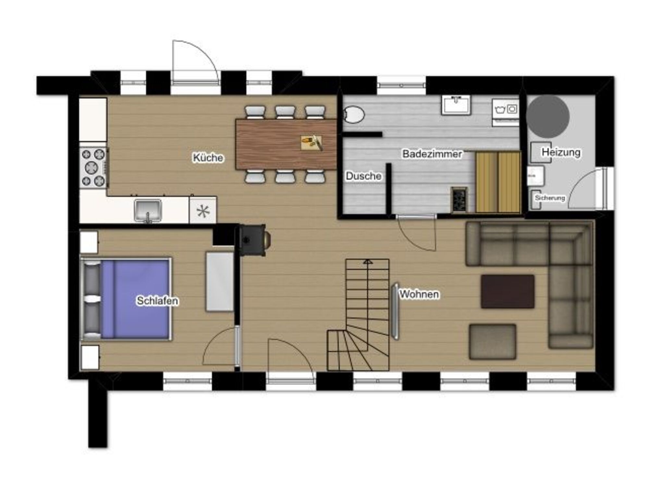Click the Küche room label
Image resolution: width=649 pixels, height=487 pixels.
pos(208,158)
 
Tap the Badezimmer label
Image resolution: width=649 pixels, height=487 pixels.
pos(432,154)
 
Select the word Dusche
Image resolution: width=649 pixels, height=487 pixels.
pos(363,176)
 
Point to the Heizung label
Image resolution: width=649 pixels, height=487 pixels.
pos(561,152)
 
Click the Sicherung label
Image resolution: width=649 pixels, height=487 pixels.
pos(550,198)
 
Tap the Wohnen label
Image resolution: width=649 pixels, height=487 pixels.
pos(419,294)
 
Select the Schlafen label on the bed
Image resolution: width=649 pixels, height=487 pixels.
pos(157,301)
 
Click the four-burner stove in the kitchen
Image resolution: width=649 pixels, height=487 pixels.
pos(94,168)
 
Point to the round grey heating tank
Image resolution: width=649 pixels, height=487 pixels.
pos(548,116)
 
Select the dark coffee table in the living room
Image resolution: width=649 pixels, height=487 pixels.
pos(508,292)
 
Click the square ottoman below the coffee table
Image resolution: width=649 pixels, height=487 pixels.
pos(493,342)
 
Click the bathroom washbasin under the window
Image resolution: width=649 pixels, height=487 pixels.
pos(456,105)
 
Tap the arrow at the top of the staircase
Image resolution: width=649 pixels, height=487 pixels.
pos(368,261)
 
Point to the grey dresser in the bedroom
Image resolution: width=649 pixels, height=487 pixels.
pos(220,282)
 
